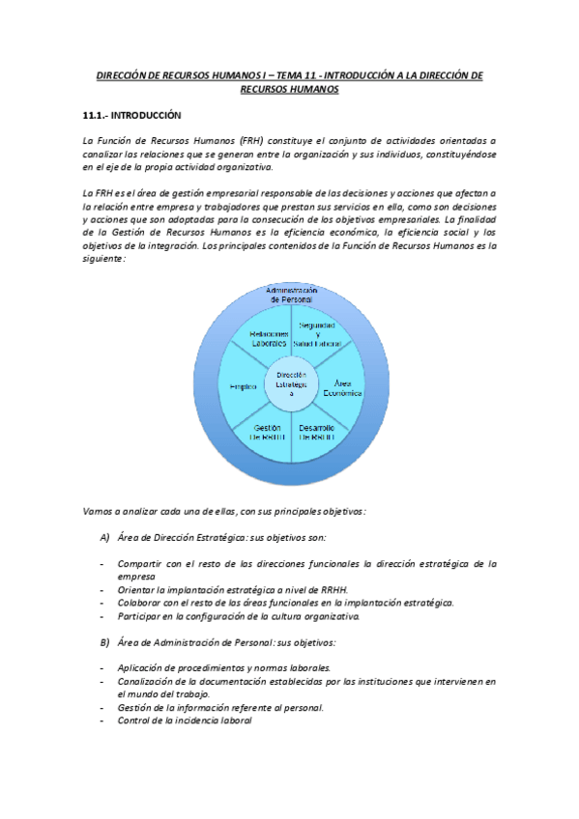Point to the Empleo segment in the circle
tap(243, 386)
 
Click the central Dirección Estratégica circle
tap(291, 383)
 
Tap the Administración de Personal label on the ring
tap(291, 295)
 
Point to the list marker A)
tap(104, 538)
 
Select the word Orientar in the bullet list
tap(136, 589)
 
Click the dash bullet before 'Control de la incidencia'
tap(101, 720)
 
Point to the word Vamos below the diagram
tap(99, 511)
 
